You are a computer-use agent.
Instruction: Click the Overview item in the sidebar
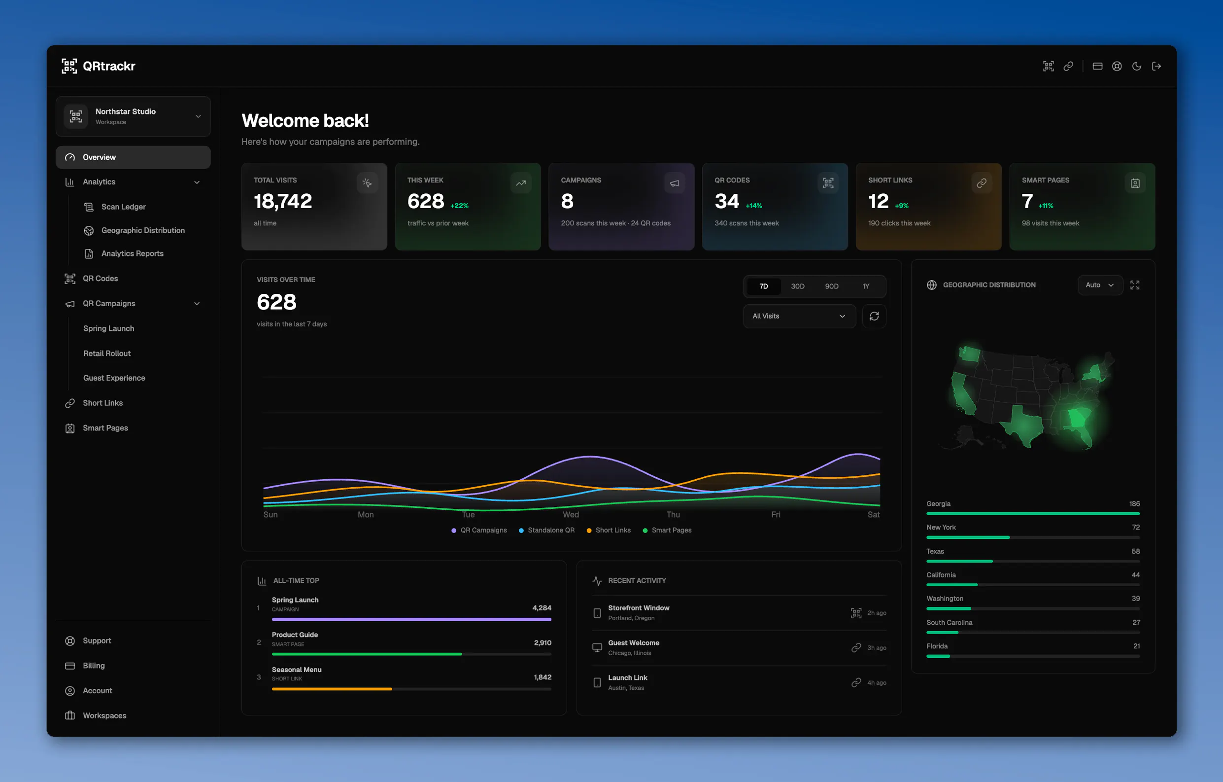[133, 157]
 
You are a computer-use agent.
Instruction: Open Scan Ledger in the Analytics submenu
[123, 206]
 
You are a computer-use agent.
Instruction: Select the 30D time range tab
[797, 286]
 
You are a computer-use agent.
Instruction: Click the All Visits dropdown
[799, 316]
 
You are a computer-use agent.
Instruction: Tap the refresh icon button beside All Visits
[874, 316]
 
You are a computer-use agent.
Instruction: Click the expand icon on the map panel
[1135, 285]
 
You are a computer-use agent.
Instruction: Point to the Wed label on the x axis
[571, 514]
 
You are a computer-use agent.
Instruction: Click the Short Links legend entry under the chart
[609, 530]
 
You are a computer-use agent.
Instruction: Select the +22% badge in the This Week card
[459, 206]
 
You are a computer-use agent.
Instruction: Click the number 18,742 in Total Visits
[283, 201]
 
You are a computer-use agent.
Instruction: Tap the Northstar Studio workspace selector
[133, 116]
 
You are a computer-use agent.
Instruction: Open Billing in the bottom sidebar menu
[94, 666]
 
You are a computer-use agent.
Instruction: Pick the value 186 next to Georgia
[1134, 503]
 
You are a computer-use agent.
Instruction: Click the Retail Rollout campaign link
[107, 353]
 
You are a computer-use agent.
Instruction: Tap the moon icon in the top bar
[1137, 66]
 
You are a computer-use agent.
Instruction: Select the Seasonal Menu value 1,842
[543, 677]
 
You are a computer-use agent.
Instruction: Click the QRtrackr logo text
[109, 66]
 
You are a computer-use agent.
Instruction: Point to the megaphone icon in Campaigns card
[675, 183]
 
